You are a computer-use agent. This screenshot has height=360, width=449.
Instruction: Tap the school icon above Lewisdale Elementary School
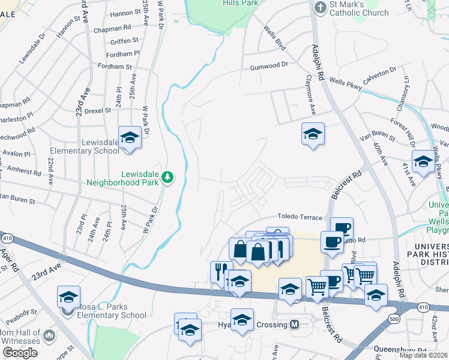click(x=130, y=137)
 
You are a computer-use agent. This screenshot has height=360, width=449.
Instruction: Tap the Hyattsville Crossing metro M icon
click(x=295, y=324)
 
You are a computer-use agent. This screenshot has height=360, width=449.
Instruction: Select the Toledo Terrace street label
click(x=300, y=217)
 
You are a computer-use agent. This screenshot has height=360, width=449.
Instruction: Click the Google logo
click(x=20, y=352)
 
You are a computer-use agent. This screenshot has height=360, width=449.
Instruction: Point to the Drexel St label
click(x=98, y=110)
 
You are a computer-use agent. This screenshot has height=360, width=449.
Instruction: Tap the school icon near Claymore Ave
click(x=313, y=134)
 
